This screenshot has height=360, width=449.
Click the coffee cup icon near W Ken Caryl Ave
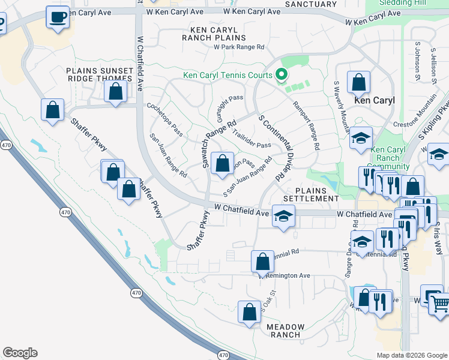tap(58, 18)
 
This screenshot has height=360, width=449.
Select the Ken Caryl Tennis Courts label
tap(228, 76)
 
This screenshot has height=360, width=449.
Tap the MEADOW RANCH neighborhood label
tap(286, 331)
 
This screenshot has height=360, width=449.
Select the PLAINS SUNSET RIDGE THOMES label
tap(99, 74)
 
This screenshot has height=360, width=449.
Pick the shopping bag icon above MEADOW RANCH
tap(249, 312)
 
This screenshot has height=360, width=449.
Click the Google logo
tap(20, 353)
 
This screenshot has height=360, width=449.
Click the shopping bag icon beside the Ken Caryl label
tap(358, 83)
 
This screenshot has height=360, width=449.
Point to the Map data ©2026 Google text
tap(411, 355)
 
